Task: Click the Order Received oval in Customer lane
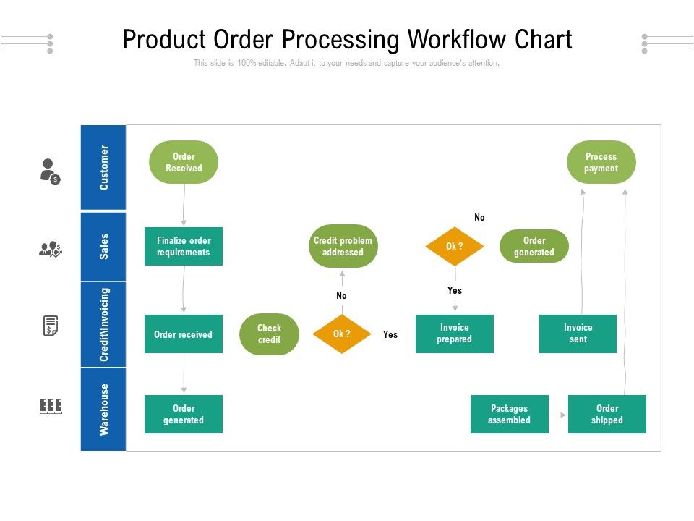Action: [184, 162]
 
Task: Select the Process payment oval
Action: [601, 162]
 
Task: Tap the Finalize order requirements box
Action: [184, 246]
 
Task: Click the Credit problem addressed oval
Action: [343, 246]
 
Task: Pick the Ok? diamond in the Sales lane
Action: [455, 247]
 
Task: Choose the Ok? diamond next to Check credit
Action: [342, 334]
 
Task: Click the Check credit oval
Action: [269, 334]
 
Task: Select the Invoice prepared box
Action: [454, 334]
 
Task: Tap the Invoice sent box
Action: [578, 334]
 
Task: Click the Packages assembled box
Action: [509, 414]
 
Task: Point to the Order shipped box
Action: [607, 414]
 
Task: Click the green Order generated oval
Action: [534, 246]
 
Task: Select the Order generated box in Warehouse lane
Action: [184, 414]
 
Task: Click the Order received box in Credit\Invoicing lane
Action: [184, 334]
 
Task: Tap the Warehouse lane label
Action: [104, 409]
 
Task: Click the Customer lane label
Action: [104, 168]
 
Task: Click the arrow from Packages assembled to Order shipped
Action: [558, 415]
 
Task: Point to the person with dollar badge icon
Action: [50, 171]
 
